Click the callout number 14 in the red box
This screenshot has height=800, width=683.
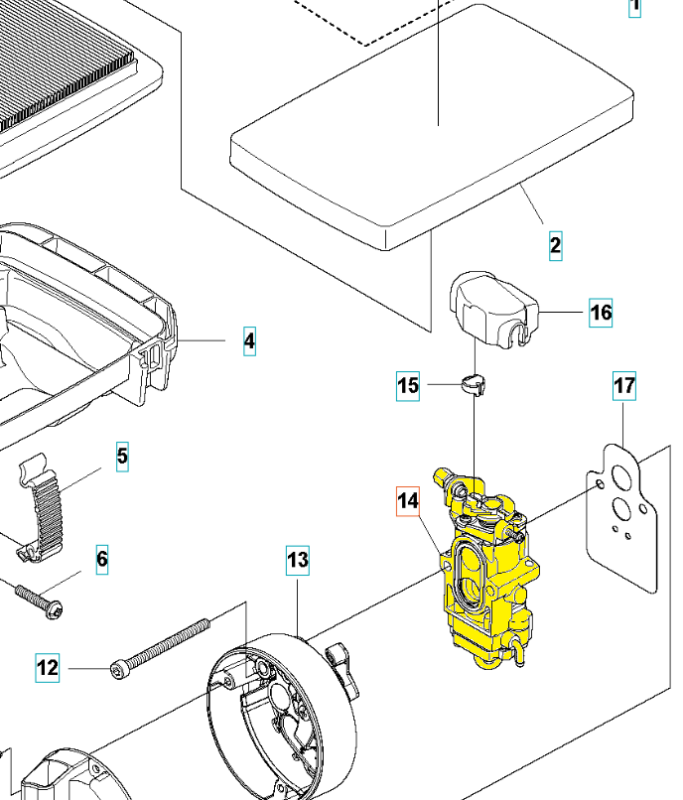tap(408, 501)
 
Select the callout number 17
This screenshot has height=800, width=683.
tap(623, 386)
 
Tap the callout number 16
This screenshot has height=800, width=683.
tap(601, 313)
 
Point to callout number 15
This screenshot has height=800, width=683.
tap(408, 385)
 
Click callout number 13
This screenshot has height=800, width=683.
tap(299, 560)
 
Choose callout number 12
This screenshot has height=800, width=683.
tap(48, 668)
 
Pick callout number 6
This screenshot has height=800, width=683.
tap(102, 559)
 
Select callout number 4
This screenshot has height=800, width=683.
tap(249, 341)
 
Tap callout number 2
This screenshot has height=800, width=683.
tap(556, 244)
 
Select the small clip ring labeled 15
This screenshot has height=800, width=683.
tap(475, 381)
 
